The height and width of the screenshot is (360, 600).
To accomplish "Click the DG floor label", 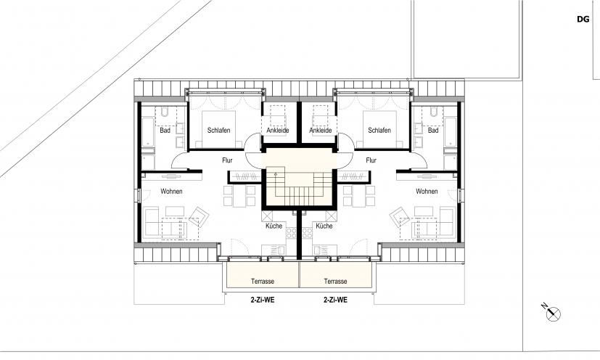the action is pyautogui.click(x=583, y=19).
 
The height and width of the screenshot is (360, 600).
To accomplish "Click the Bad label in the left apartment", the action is pyautogui.click(x=165, y=130).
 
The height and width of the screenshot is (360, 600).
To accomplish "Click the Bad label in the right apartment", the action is pyautogui.click(x=433, y=130).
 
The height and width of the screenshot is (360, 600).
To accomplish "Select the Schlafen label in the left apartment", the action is pyautogui.click(x=219, y=130).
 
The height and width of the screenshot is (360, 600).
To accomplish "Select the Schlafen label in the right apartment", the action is pyautogui.click(x=379, y=130).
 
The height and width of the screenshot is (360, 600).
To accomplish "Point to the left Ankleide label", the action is pyautogui.click(x=278, y=130).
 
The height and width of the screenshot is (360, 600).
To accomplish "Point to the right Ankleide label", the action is pyautogui.click(x=321, y=130).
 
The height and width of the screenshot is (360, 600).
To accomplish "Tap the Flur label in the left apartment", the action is pyautogui.click(x=227, y=160).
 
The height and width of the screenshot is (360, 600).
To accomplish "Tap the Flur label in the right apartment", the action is pyautogui.click(x=371, y=160).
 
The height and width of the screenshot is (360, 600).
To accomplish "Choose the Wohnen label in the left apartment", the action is pyautogui.click(x=171, y=191).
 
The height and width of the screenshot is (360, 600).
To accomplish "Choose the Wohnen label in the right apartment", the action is pyautogui.click(x=427, y=191).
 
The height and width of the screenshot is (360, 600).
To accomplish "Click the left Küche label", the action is pyautogui.click(x=274, y=226).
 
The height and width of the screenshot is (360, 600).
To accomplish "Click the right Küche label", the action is pyautogui.click(x=324, y=226).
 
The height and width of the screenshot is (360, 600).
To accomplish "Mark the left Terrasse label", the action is pyautogui.click(x=263, y=281).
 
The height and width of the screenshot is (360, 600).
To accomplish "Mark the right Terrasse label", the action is pyautogui.click(x=336, y=281).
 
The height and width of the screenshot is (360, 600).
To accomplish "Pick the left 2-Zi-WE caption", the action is pyautogui.click(x=263, y=300).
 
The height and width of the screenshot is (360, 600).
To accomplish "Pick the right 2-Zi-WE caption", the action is pyautogui.click(x=336, y=300).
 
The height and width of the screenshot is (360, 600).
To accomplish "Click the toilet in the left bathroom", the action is pyautogui.click(x=165, y=112).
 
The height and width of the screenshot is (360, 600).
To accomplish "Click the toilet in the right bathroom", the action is pyautogui.click(x=434, y=112).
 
